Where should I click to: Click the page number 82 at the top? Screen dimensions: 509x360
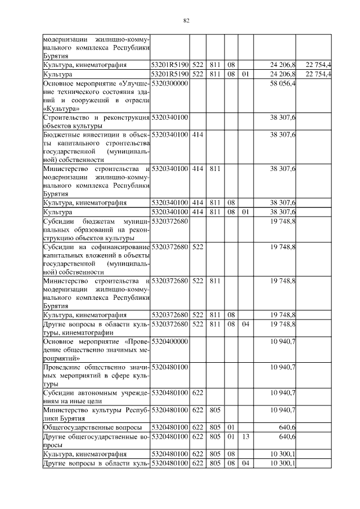[x=186, y=21]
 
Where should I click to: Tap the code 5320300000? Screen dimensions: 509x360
[x=169, y=83]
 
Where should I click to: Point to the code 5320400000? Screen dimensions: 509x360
[x=169, y=341]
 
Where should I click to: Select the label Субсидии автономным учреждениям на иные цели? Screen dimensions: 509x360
[x=96, y=396]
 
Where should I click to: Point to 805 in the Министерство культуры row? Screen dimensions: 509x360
[x=214, y=409]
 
